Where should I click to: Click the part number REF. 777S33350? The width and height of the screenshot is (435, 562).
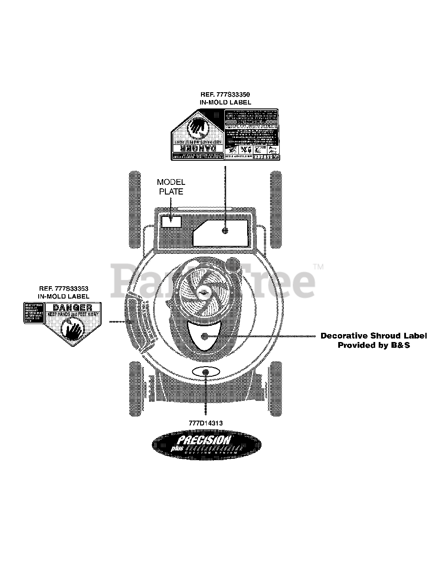coord(225,94)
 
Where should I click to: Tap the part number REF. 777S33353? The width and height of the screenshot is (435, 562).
coord(64,288)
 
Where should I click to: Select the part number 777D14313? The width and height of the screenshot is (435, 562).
coord(205,423)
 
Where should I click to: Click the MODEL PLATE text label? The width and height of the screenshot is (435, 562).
coord(171,187)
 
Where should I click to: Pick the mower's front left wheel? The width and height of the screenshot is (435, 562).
coord(137,388)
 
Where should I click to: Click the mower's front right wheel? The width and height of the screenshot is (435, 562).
coord(275,388)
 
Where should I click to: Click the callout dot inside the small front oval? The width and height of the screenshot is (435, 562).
coord(206,372)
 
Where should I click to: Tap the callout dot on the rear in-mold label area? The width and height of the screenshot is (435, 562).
coord(225,231)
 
